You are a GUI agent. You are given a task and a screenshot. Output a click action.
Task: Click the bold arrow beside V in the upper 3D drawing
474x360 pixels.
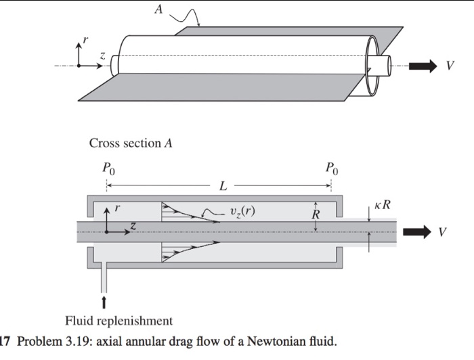coord(425,66)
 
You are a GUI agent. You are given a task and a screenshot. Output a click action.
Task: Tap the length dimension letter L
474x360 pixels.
coord(221,185)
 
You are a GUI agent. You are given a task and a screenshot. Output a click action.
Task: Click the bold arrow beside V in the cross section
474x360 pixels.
coord(416,232)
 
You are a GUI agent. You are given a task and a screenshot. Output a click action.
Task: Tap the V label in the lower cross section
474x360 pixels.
coord(442,232)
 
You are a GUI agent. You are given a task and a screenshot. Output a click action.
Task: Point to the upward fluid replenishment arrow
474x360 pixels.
coord(104,300)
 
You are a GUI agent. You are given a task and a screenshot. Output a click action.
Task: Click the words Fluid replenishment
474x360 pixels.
coord(118,320)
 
